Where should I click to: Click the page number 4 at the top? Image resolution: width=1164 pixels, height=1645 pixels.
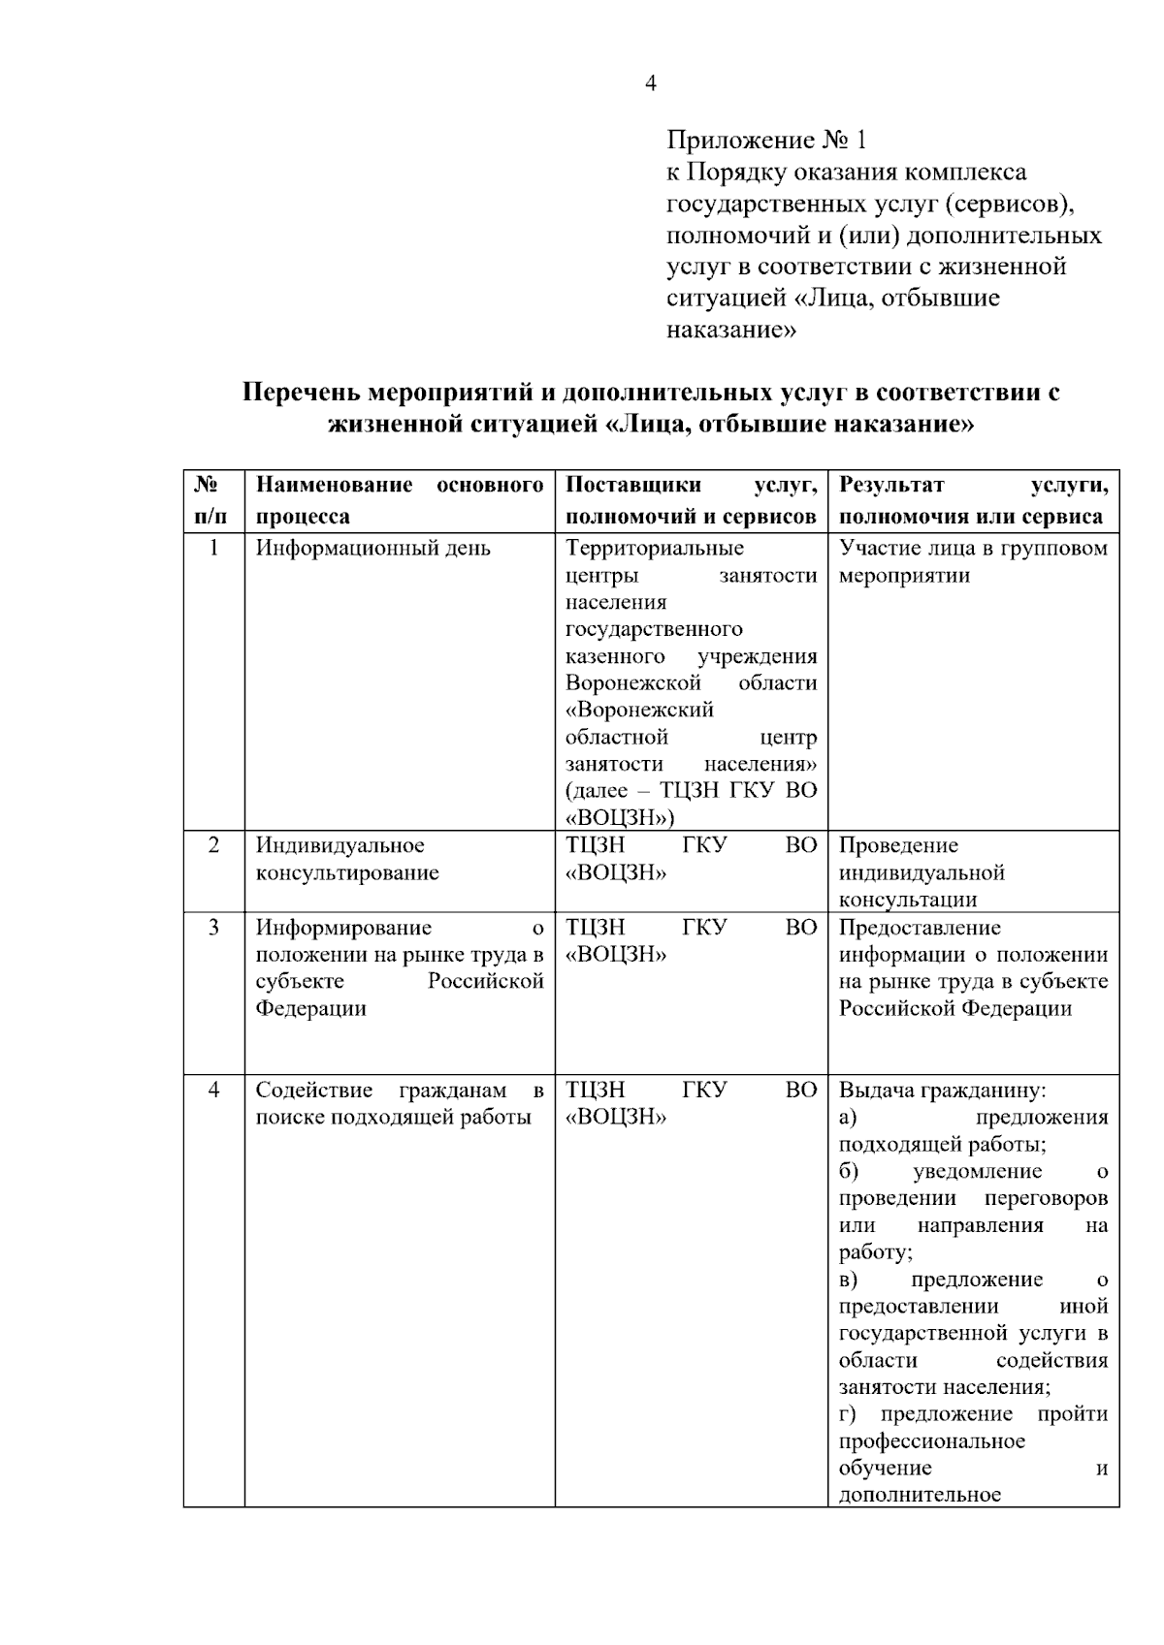point(651,84)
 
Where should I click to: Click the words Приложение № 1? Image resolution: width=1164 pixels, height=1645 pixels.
point(765,142)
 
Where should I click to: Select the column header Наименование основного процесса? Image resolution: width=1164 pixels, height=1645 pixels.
point(399,500)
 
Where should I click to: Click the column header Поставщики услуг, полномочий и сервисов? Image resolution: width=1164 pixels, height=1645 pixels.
point(691,500)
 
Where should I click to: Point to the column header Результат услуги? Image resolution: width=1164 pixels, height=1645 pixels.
point(972,500)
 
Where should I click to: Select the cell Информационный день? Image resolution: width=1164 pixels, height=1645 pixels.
point(373,549)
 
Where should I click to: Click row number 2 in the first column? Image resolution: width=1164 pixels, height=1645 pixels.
point(213,845)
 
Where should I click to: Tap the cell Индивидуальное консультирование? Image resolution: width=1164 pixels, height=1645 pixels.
point(347,859)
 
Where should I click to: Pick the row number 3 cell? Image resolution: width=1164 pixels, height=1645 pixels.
point(213,928)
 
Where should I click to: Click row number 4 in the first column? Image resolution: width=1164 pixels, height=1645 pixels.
point(213,1091)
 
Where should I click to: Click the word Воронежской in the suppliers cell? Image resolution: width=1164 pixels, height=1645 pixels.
point(633,683)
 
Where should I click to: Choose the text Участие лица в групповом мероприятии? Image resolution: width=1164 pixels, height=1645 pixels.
point(972,562)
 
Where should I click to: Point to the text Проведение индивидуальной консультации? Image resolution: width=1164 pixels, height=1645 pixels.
point(921,872)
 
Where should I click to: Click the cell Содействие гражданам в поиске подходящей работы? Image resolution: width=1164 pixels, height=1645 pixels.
point(399,1104)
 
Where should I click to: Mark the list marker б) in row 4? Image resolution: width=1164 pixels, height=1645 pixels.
point(849,1172)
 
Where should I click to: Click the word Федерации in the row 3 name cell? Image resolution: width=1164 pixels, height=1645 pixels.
point(311,1009)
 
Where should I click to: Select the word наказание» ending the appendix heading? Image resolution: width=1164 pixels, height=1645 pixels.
point(731,331)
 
